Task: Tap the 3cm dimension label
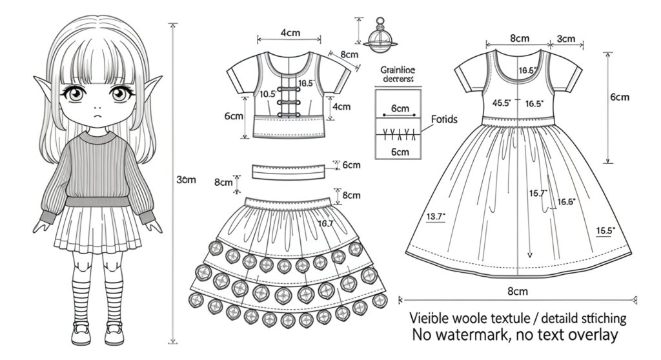pyautogui.click(x=565, y=39)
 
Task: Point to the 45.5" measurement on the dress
pyautogui.click(x=502, y=103)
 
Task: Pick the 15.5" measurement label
pyautogui.click(x=605, y=230)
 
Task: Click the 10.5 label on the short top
pyautogui.click(x=267, y=94)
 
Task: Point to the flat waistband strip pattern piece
pyautogui.click(x=288, y=172)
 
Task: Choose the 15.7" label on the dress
pyautogui.click(x=538, y=192)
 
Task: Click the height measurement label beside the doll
pyautogui.click(x=186, y=180)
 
